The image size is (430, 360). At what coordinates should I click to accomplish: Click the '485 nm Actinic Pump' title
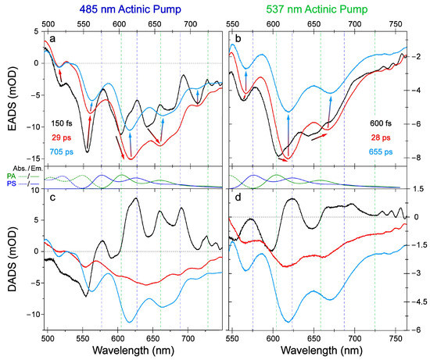(x=130, y=9)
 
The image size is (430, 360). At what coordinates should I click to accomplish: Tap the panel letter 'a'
(x=52, y=39)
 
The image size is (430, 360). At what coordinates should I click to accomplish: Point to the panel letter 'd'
(x=238, y=197)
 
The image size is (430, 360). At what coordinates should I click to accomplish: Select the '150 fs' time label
(x=62, y=123)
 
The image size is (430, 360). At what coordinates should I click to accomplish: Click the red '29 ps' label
(x=62, y=137)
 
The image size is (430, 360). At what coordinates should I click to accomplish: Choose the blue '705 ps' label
(x=62, y=151)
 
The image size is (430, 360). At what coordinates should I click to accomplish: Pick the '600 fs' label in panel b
(x=381, y=123)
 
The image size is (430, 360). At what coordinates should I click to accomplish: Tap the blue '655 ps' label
(x=381, y=151)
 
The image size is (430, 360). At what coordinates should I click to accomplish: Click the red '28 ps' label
(x=381, y=137)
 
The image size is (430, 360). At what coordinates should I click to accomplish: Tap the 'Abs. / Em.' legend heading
(x=27, y=168)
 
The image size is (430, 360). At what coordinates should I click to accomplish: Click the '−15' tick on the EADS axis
(x=33, y=159)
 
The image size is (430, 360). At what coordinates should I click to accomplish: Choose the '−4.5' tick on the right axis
(x=419, y=301)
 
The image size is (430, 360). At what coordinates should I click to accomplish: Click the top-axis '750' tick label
(x=395, y=24)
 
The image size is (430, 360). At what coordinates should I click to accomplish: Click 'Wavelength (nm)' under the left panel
(x=133, y=350)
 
